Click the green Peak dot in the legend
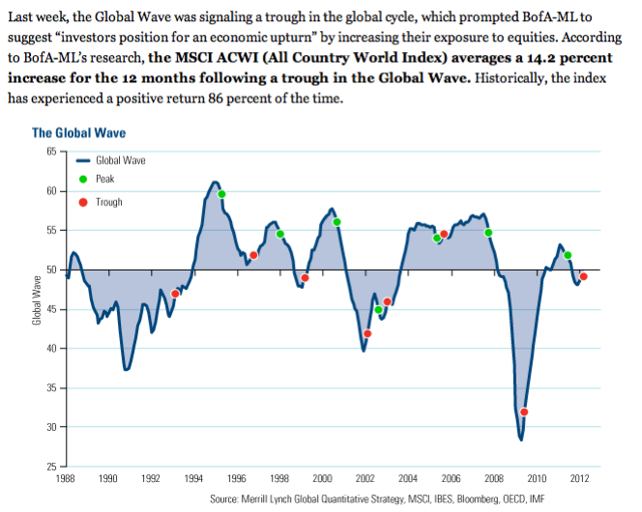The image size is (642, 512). pos(81,179)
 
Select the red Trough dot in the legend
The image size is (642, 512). pos(81,201)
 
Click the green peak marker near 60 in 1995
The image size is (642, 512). pos(222,194)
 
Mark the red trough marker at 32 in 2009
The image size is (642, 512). pos(524,412)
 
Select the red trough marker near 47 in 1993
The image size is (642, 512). pos(175,294)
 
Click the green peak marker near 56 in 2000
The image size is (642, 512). pos(336,222)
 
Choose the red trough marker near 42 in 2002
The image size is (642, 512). pos(367,333)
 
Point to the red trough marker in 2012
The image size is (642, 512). pos(583,276)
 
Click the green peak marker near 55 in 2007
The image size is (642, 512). pos(488,232)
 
